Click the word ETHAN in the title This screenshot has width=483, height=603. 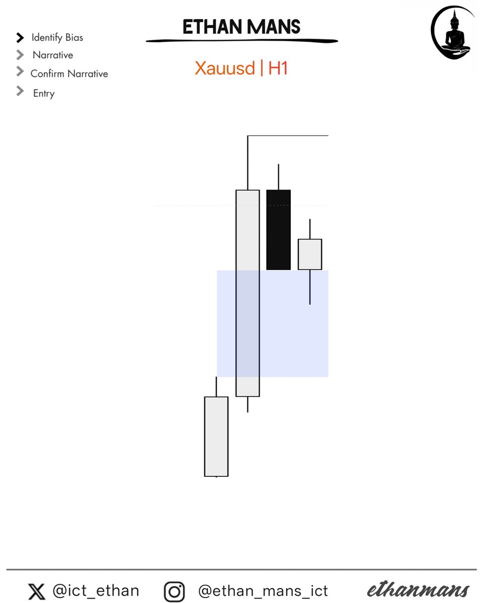[212, 27]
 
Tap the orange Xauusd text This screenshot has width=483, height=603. [225, 68]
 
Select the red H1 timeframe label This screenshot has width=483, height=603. [278, 68]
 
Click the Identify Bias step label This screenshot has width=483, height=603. [57, 38]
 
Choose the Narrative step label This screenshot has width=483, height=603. [53, 55]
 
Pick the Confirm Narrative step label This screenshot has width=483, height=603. [69, 74]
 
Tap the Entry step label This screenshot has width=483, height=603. [44, 93]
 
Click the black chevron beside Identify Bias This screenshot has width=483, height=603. [20, 38]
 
